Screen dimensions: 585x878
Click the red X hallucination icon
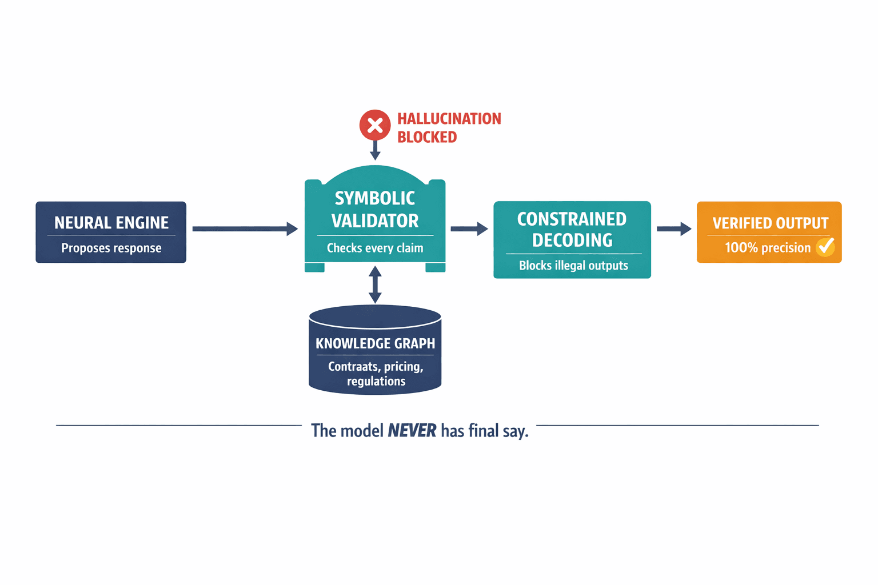(375, 125)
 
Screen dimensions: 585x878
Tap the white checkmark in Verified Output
(825, 247)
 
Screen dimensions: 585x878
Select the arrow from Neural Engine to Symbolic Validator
(245, 229)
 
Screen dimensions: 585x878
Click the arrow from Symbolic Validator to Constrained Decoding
(469, 229)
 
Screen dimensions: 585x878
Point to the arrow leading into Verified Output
(674, 229)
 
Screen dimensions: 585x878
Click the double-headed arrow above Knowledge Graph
(375, 285)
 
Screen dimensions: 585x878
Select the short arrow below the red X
(375, 150)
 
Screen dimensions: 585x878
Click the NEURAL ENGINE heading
(111, 223)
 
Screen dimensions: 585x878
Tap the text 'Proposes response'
(111, 248)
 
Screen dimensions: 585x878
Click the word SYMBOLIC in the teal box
(375, 198)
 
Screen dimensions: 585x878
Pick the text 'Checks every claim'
(375, 248)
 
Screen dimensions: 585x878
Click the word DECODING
(572, 241)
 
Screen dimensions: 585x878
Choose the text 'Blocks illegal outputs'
(573, 266)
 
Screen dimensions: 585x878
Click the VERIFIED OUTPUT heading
(770, 223)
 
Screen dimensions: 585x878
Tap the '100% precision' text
(767, 248)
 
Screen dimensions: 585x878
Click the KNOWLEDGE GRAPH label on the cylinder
(375, 343)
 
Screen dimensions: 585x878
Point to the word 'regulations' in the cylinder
(376, 382)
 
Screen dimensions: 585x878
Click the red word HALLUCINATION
(449, 119)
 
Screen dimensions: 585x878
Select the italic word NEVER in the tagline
(412, 431)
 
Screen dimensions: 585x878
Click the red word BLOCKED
(427, 137)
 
